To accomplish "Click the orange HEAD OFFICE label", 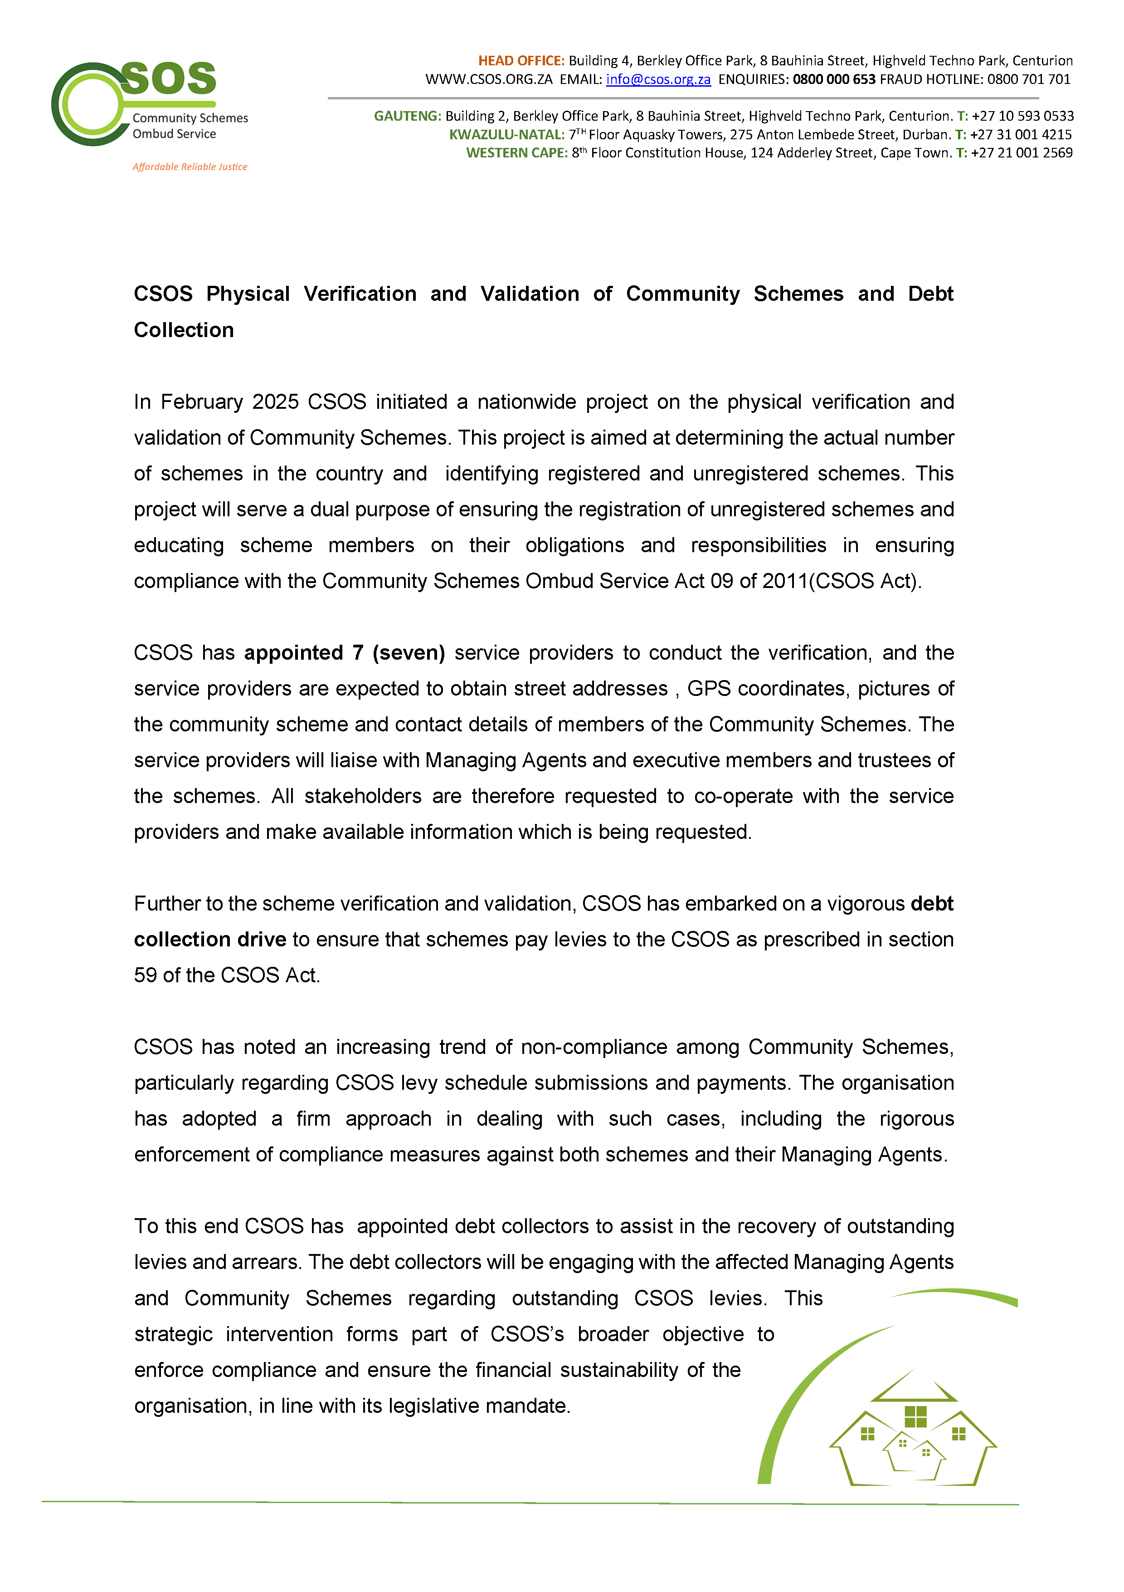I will point(521,61).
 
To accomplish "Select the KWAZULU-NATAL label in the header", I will point(506,134).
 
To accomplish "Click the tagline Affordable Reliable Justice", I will point(190,167).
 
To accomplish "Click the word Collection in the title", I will point(184,330).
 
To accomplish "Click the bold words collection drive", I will point(210,940).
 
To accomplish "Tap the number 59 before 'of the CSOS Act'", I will point(146,975).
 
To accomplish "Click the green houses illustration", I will point(913,1430).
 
